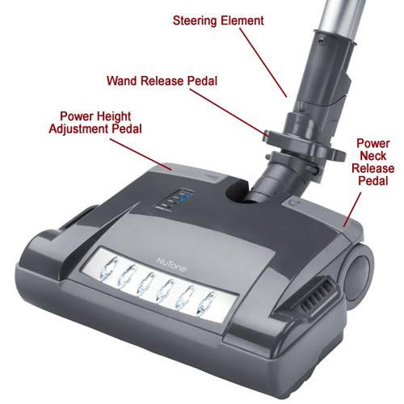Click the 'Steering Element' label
218,21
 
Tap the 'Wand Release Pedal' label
162,81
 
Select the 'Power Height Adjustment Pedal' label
95,123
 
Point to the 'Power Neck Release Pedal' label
373,162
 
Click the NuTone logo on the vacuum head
171,265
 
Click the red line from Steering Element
263,62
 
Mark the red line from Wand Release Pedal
229,112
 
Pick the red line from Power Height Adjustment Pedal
141,154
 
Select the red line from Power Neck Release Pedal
352,211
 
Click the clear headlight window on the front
159,285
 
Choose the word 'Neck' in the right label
373,156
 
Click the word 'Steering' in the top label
195,21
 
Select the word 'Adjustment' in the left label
79,129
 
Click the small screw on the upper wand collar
320,41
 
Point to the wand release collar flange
305,144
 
